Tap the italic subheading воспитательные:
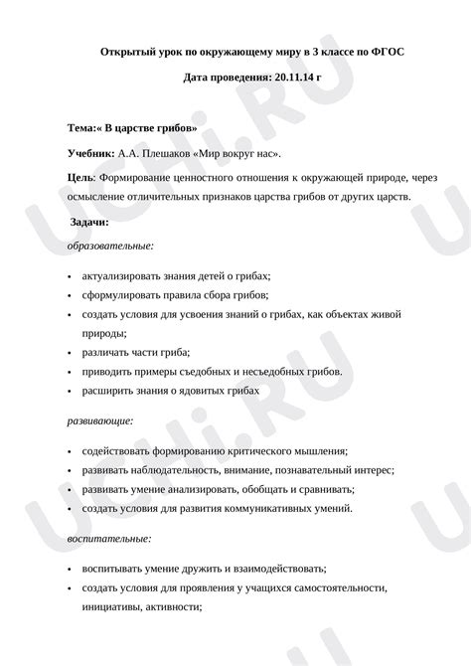pyautogui.click(x=109, y=538)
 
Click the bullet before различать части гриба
pyautogui.click(x=69, y=353)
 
